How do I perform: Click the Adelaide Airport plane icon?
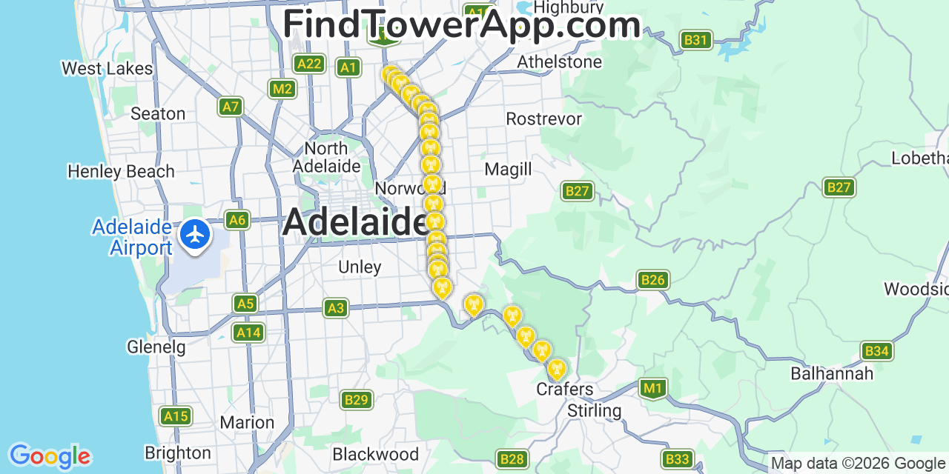[195, 236]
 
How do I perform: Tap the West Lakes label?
[107, 69]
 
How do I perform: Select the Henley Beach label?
[121, 172]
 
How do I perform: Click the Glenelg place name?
[156, 347]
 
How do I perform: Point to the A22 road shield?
[308, 64]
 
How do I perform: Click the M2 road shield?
[282, 90]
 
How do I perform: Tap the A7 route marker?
[231, 107]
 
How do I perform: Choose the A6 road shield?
[237, 220]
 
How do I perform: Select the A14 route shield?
[248, 333]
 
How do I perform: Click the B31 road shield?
[695, 40]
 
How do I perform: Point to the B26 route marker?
[652, 280]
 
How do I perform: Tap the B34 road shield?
[876, 351]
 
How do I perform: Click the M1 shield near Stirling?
[652, 387]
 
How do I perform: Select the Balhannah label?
[832, 373]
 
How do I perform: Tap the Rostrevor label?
[543, 119]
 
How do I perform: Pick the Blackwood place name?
[375, 454]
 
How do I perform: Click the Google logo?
[50, 456]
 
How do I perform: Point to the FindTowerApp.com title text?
[461, 25]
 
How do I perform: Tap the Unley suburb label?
[360, 267]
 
